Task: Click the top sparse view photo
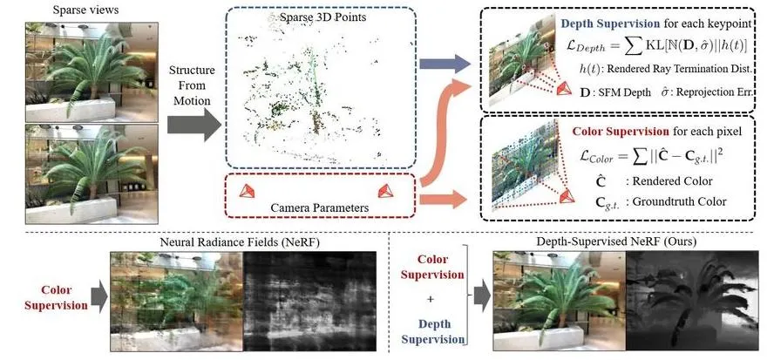tap(92, 72)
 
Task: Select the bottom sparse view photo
tap(92, 173)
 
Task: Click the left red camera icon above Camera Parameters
tap(247, 191)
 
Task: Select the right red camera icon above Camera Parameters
tap(385, 191)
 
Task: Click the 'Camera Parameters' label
tap(319, 208)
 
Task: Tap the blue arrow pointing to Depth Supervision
tap(445, 64)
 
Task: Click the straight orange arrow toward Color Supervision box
tap(442, 199)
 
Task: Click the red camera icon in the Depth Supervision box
tap(564, 89)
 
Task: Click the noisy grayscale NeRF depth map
tap(309, 302)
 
